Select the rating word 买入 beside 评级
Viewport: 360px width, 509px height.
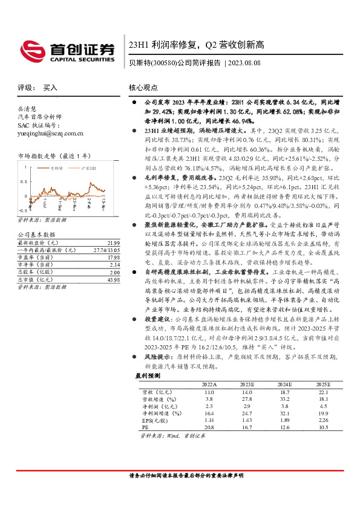point(50,88)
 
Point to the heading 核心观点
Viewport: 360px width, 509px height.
point(144,88)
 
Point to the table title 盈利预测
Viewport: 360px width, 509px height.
point(147,392)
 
